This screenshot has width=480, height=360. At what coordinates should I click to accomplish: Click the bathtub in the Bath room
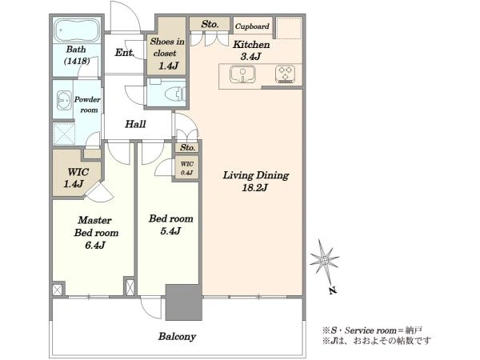tap(77, 30)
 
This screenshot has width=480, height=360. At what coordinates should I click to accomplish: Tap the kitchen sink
tap(242, 74)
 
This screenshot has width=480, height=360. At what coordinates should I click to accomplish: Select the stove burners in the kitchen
tap(286, 74)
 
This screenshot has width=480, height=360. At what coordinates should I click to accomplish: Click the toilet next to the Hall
tap(174, 94)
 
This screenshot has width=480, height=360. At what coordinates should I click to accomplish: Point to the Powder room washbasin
tap(64, 100)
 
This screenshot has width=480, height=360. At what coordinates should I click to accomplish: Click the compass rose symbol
tap(324, 261)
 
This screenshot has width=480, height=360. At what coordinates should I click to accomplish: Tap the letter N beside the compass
tap(333, 290)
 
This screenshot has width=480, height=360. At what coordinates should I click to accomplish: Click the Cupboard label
tap(252, 26)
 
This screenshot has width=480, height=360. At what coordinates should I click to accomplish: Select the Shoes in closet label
tap(167, 47)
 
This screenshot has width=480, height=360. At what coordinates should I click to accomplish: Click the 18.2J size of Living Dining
tap(254, 188)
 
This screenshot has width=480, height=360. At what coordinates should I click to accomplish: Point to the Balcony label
tap(177, 337)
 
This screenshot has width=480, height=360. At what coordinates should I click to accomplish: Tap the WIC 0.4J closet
tap(186, 168)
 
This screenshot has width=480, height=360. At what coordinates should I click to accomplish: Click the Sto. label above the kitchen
tap(210, 24)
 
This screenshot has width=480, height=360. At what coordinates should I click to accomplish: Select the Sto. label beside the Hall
tap(188, 147)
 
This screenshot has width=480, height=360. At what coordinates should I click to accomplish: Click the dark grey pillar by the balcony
tap(184, 302)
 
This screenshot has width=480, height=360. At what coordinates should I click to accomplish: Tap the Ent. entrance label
tap(125, 53)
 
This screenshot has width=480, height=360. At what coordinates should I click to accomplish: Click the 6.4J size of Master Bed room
tap(95, 246)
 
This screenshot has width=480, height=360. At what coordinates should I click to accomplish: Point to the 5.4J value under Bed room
tap(170, 231)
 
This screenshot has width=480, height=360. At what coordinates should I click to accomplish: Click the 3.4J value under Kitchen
tap(250, 57)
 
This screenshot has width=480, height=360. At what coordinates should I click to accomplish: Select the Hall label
tap(135, 124)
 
